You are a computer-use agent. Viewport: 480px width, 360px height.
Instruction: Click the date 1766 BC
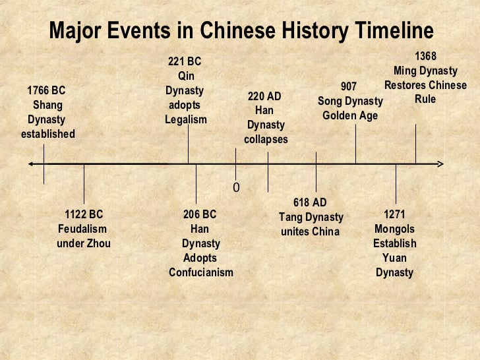coord(46,91)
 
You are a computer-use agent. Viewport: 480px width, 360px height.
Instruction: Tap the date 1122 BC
coord(84,215)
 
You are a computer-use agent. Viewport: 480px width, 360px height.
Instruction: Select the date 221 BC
coord(185,62)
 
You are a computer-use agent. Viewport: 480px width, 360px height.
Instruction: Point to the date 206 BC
coord(200,215)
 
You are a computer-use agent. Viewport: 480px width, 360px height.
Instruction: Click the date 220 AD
coord(264,96)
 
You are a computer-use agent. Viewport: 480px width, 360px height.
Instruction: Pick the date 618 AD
coord(310,202)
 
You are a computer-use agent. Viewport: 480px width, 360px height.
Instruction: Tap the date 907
coord(349,87)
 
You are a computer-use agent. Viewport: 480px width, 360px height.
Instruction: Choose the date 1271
coord(394,215)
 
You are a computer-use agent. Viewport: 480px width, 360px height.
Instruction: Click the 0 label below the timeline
coord(235,189)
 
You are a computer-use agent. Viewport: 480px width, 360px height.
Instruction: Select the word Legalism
coord(186,120)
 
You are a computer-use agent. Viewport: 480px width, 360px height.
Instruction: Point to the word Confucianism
coord(201,273)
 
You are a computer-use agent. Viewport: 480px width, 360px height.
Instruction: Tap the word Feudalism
coord(82,229)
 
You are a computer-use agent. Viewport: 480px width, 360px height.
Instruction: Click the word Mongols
coord(394,229)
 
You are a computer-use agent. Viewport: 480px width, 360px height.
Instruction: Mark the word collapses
coord(266,140)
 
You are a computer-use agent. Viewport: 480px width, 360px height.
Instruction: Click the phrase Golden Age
coord(350,116)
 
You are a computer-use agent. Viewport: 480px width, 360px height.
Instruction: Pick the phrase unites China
coord(310,231)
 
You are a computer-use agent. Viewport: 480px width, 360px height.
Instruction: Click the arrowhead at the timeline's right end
coord(441,164)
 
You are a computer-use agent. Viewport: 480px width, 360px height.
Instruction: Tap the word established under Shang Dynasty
coord(47,135)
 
